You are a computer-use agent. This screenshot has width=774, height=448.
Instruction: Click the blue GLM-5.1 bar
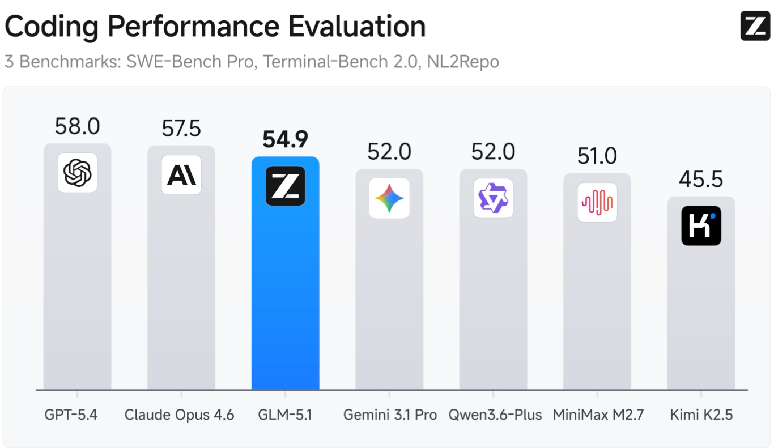(285, 295)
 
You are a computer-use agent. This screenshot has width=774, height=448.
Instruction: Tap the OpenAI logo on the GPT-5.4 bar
(78, 172)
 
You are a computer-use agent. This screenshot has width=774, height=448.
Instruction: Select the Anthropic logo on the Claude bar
(181, 175)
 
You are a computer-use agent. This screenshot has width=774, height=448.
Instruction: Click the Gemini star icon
(389, 198)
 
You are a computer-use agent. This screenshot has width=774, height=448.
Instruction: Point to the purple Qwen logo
(493, 198)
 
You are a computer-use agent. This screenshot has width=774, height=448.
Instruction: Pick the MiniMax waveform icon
(597, 202)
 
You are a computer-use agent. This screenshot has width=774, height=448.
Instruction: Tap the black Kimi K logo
(701, 225)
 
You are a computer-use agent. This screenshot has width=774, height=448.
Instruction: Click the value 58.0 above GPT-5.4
(78, 126)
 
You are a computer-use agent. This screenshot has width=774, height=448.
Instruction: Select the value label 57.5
(181, 129)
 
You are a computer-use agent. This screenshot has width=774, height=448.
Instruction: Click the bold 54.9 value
(285, 139)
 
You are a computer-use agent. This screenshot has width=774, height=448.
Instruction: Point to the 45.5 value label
(701, 180)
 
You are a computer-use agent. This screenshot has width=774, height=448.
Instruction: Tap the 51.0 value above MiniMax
(597, 156)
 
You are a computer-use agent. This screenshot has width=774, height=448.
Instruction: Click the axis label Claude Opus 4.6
(180, 415)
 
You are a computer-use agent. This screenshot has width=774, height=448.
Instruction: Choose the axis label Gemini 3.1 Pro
(390, 415)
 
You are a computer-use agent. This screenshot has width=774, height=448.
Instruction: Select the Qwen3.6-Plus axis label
(495, 415)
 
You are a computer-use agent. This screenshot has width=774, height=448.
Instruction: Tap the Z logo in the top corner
(755, 26)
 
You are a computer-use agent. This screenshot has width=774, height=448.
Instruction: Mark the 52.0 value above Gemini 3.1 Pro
(389, 152)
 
